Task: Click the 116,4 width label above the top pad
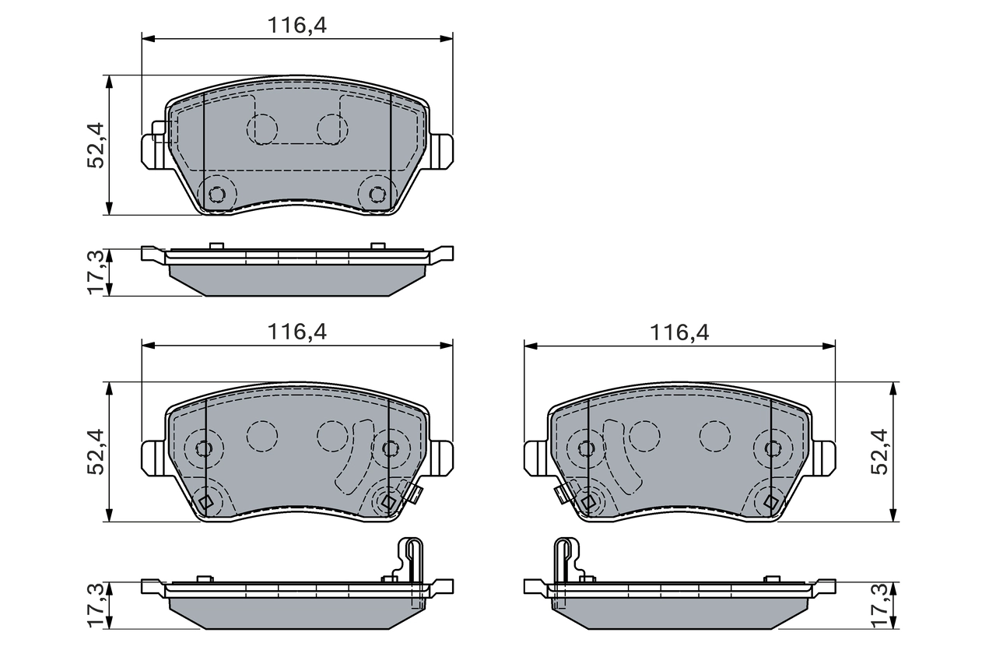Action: pos(297,25)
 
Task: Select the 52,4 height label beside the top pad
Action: pos(96,145)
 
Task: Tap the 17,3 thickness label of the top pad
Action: pos(96,272)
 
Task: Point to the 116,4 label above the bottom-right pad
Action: pos(680,332)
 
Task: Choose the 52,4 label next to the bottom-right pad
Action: pos(880,451)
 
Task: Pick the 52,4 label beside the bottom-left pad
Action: pos(96,451)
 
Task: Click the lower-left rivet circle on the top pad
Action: pos(217,194)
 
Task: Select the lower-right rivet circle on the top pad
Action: pos(377,194)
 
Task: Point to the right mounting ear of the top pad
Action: pos(441,150)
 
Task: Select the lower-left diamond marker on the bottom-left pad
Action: pos(205,503)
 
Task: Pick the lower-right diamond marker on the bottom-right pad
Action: pos(770,503)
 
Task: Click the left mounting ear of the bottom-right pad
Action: pos(536,457)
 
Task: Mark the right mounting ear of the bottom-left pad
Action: pos(441,457)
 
